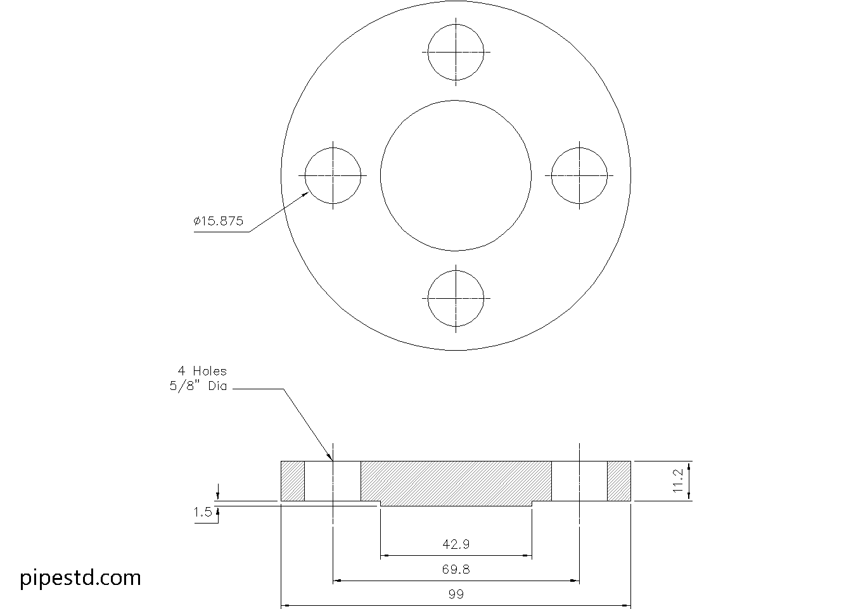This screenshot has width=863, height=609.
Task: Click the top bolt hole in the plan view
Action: (x=456, y=53)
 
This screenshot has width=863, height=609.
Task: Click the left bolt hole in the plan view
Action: (x=333, y=175)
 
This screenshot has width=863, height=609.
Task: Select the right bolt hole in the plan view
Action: (x=579, y=175)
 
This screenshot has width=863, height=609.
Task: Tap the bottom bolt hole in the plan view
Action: (x=456, y=298)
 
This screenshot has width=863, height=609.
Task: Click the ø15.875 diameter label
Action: (x=219, y=221)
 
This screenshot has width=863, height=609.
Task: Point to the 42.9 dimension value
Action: (x=456, y=544)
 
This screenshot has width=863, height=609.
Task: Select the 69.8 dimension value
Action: (x=456, y=569)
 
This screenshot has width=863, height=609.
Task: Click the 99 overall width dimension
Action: (x=456, y=594)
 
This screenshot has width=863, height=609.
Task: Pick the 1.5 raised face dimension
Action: (x=203, y=512)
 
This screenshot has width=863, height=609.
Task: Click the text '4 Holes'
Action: (x=201, y=371)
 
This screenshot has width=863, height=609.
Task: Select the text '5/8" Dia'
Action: (x=198, y=386)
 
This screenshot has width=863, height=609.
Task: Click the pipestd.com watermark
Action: (x=80, y=577)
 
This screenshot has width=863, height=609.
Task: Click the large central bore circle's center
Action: (x=456, y=175)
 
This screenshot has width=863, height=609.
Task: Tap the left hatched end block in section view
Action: (x=293, y=481)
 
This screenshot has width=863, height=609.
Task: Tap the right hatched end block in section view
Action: (x=619, y=481)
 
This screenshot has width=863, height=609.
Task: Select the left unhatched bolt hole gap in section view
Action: (x=333, y=481)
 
